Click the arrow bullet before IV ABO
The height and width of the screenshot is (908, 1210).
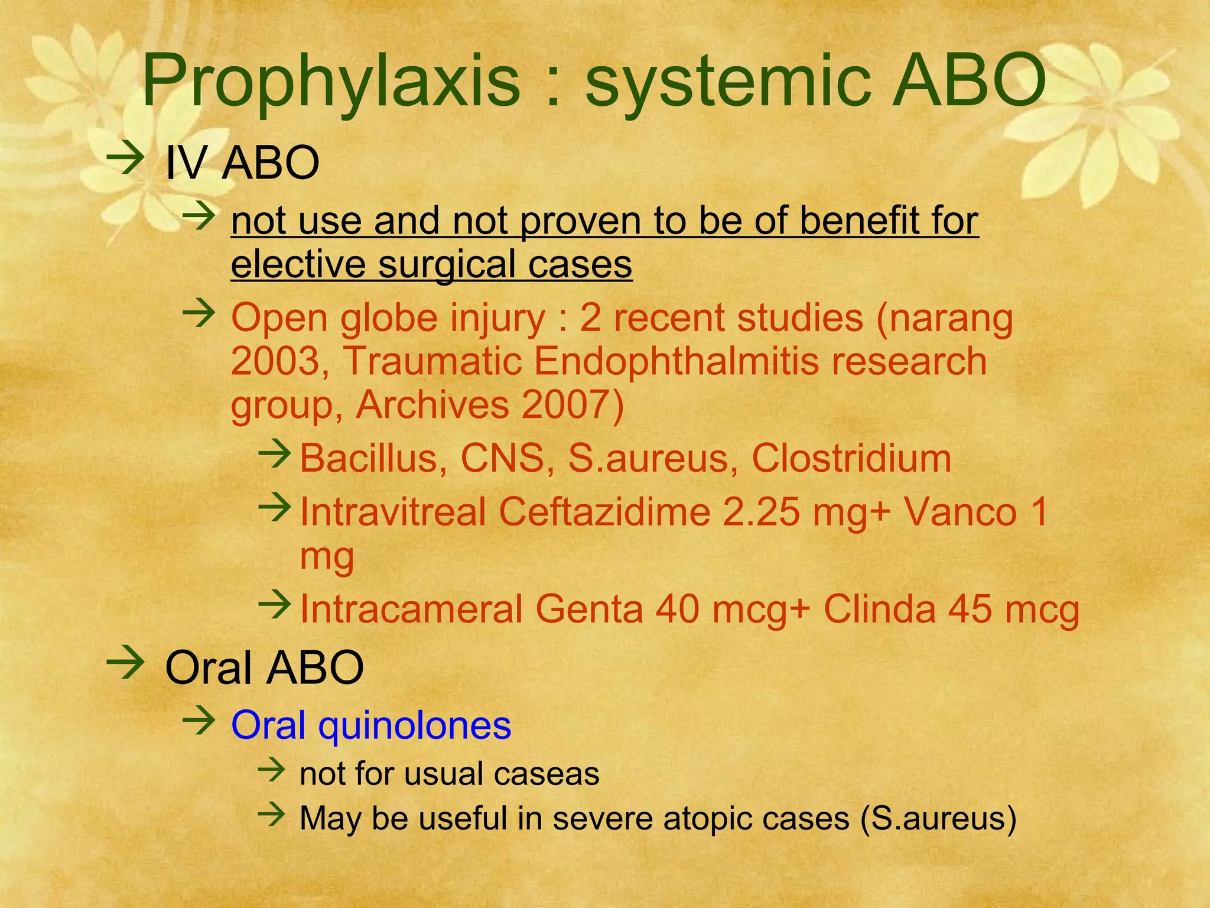click(x=125, y=157)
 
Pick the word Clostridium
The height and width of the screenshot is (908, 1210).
click(x=851, y=458)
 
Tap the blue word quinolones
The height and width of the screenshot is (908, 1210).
click(x=414, y=725)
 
